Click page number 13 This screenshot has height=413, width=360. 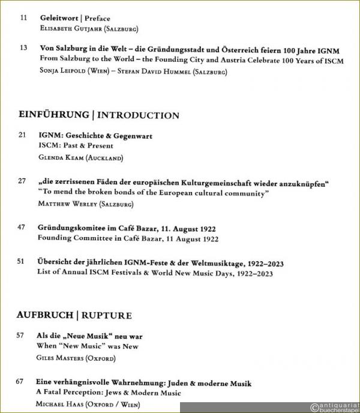coord(23,47)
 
